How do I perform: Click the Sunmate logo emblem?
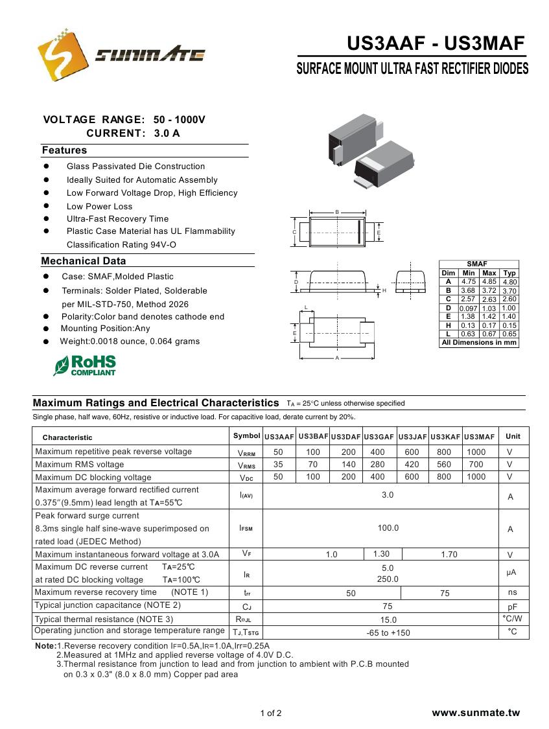point(63,55)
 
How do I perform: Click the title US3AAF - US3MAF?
point(436,43)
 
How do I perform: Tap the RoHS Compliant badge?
point(86,365)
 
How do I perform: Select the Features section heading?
point(64,150)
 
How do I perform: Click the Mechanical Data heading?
point(84,261)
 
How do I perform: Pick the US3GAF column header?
point(379,437)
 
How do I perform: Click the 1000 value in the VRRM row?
point(476,452)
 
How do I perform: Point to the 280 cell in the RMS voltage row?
point(377,464)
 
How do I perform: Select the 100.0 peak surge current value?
point(388,528)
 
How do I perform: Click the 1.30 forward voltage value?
point(382,553)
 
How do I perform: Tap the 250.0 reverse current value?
point(388,579)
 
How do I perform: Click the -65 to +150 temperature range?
point(388,632)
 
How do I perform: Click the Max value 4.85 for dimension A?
point(489,282)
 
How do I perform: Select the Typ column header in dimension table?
point(509,273)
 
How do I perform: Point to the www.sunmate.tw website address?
point(476,713)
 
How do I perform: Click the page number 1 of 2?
point(271,713)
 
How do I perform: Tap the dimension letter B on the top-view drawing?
point(337,212)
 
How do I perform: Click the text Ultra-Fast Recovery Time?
point(117,218)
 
